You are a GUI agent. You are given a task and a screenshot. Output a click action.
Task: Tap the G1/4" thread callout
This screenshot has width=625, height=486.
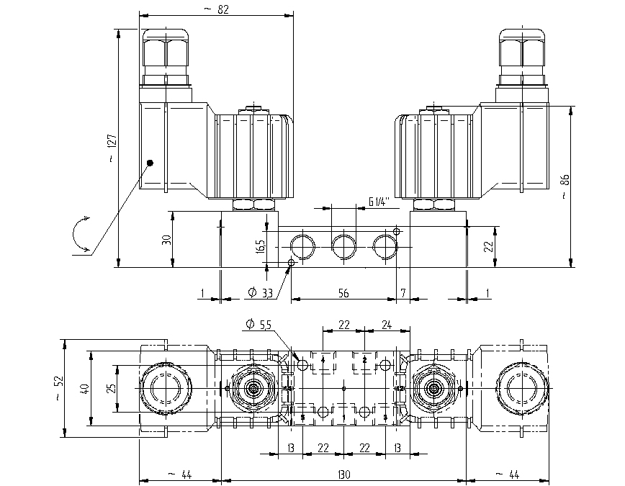(378, 202)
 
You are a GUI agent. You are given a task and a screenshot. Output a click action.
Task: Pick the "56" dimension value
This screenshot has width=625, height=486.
(343, 293)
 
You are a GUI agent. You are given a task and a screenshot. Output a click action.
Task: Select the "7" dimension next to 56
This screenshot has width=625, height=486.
(403, 293)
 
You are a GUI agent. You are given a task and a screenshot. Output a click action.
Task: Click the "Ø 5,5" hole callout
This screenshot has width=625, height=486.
(258, 325)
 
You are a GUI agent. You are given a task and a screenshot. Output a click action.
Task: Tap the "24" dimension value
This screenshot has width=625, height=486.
(386, 325)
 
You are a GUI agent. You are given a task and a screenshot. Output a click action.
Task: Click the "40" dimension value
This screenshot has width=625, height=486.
(84, 388)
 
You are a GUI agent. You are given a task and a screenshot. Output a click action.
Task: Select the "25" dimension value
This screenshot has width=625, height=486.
(112, 388)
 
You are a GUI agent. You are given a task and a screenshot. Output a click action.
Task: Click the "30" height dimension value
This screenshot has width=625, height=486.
(167, 240)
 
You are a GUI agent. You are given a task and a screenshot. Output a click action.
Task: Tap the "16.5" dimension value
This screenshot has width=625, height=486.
(261, 247)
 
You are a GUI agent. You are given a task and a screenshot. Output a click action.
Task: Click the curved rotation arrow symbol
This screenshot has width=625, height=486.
(78, 235)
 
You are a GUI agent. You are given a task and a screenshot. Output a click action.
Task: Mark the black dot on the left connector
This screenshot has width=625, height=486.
(150, 163)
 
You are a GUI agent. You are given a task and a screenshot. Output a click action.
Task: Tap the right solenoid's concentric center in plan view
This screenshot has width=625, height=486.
(433, 388)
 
